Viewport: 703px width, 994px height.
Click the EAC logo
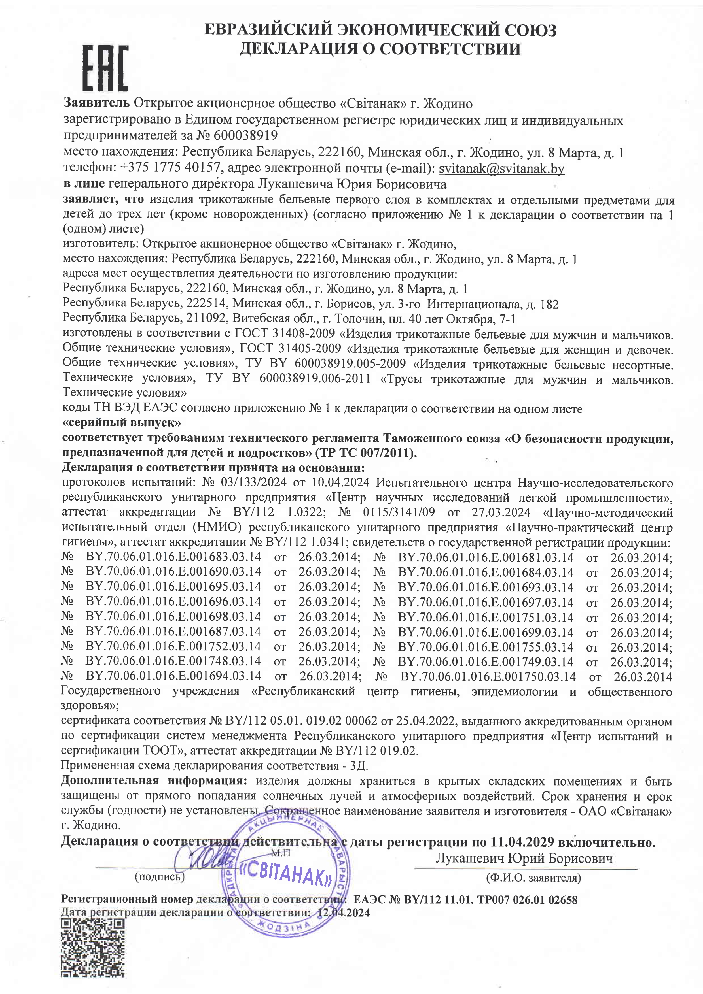point(105,68)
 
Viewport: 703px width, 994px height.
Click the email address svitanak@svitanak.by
point(501,169)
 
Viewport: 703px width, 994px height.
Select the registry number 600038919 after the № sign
point(245,135)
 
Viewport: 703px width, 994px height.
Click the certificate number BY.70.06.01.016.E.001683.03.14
point(173,557)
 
